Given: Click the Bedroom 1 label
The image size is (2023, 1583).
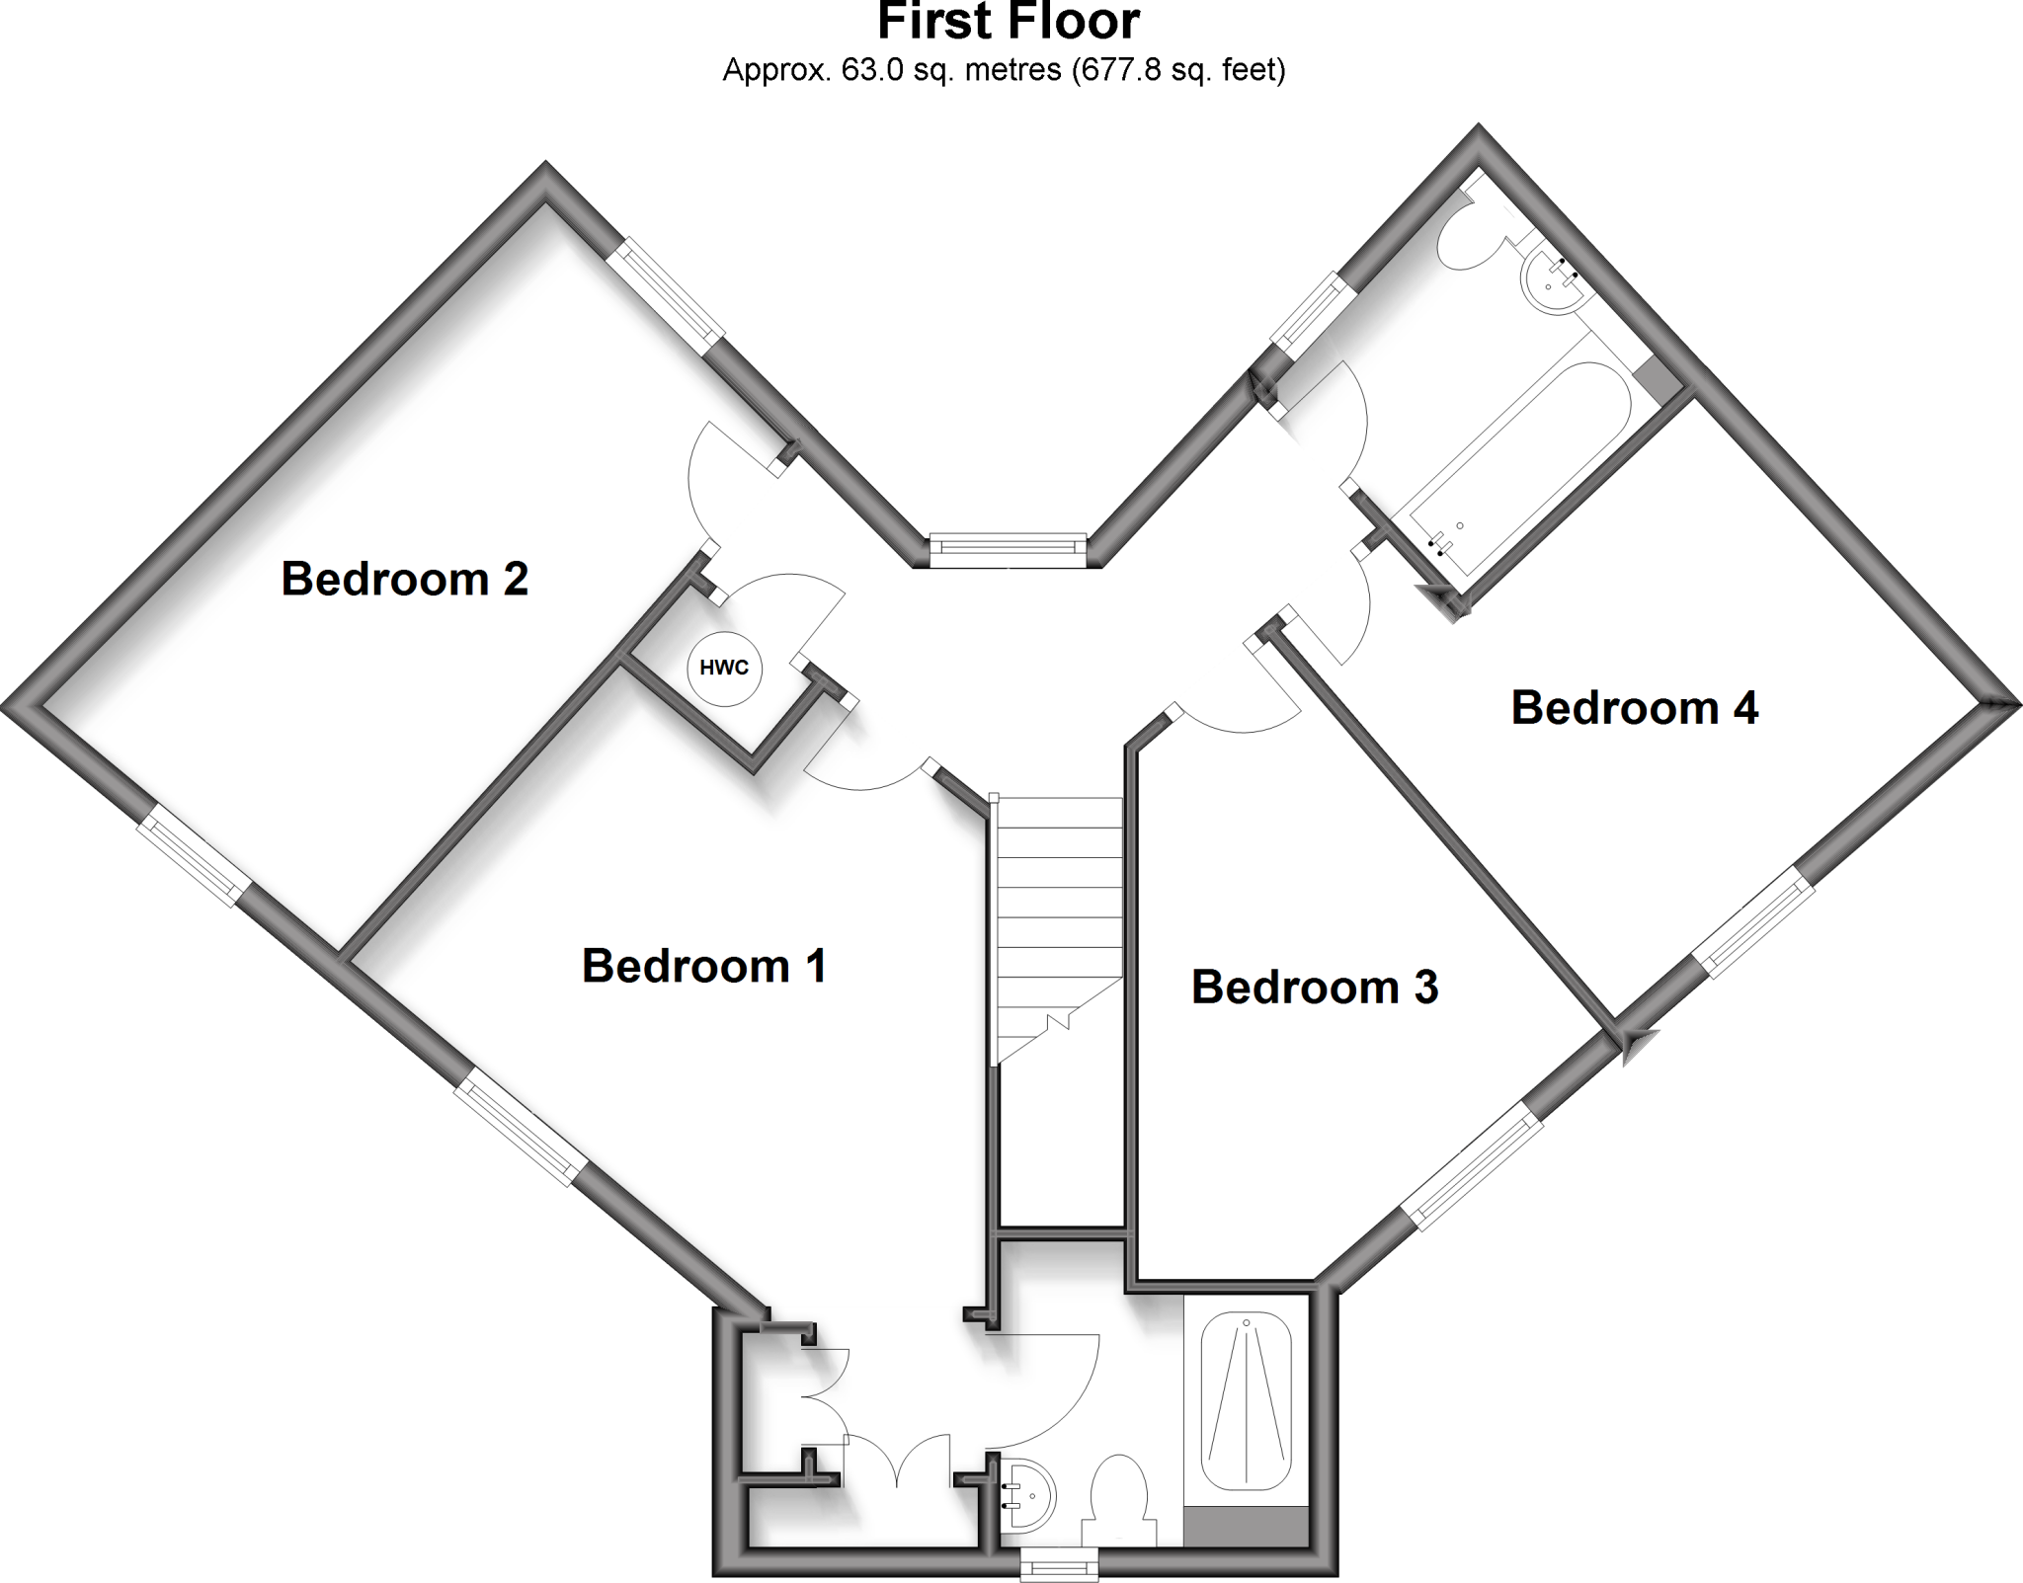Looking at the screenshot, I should [703, 966].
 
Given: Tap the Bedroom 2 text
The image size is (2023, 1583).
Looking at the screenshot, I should [404, 579].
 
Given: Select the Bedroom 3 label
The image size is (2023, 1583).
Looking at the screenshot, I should [1314, 988].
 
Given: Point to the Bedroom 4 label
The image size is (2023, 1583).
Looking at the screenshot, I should [1634, 709].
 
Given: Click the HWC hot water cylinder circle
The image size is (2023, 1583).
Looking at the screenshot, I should [724, 669].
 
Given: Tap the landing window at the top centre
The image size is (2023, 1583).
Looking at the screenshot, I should [1009, 550].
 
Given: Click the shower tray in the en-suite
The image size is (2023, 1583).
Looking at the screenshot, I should [1247, 1402].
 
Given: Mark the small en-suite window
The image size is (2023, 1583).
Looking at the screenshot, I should [1059, 1564].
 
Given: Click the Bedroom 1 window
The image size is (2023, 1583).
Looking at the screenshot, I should [522, 1127].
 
